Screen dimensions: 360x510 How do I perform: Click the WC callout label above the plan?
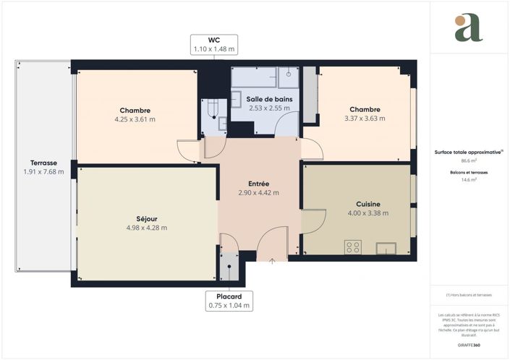coord(213,44)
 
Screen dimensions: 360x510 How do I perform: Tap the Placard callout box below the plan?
coord(229,301)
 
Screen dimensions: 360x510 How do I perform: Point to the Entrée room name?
coord(258,184)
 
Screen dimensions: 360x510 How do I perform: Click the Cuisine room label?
coord(368,204)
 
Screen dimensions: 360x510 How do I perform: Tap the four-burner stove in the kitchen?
coord(353,247)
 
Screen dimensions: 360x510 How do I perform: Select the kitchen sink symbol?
coord(386,248)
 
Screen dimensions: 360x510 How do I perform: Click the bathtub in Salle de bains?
coord(253,76)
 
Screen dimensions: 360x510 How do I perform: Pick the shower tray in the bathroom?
coord(289,76)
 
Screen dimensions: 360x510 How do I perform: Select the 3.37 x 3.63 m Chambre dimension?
coord(365,118)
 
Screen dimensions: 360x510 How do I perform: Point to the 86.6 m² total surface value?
coord(469,162)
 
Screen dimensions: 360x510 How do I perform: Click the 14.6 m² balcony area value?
coord(469,181)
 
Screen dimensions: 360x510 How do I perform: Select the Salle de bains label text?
coord(269,98)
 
